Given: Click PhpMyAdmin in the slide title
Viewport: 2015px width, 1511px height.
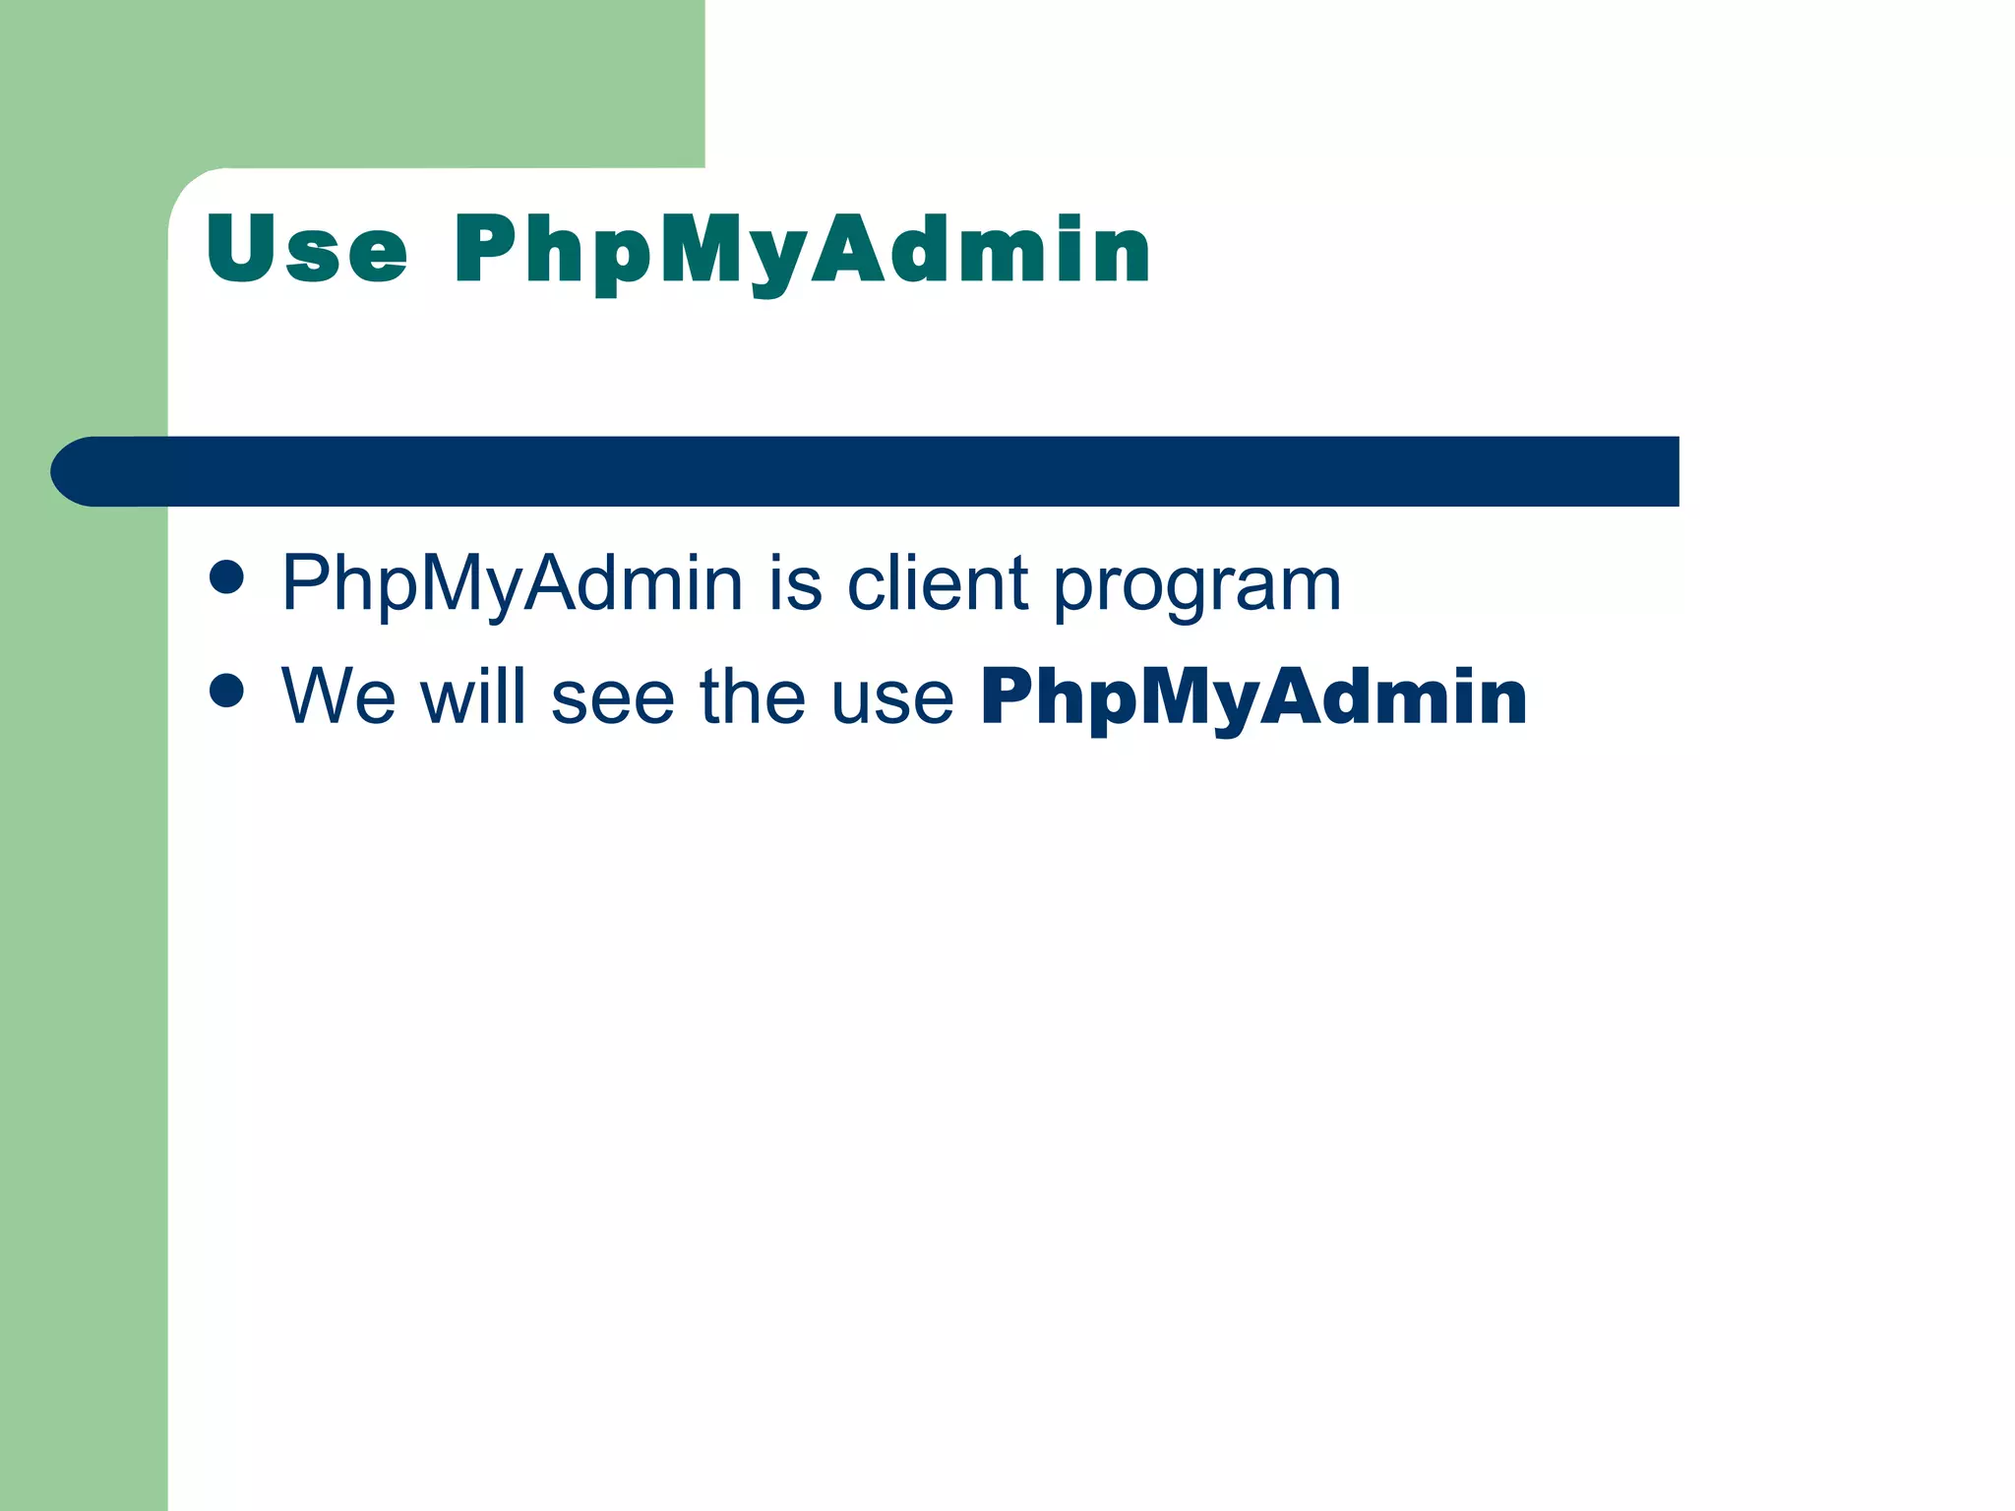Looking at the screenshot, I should click(x=801, y=252).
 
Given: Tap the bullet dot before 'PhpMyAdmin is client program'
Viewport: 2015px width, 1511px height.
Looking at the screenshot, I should click(x=226, y=577).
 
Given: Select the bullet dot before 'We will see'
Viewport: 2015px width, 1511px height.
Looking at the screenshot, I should click(x=226, y=691).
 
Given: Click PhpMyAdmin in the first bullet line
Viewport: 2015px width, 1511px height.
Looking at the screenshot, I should click(x=512, y=584).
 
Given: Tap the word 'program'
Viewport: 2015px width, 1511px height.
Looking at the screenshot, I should click(x=1197, y=586).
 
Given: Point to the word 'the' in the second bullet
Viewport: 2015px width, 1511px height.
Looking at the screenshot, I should click(x=752, y=695).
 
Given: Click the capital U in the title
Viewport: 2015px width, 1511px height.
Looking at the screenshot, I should click(x=240, y=248).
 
